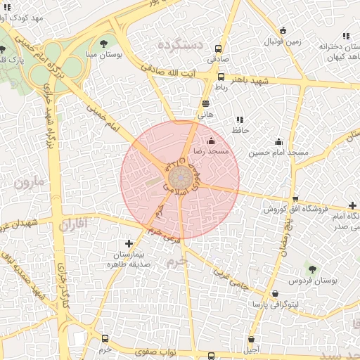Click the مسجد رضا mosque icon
(211, 141)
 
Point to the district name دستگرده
(180, 45)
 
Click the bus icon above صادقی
(219, 49)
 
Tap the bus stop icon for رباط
(221, 77)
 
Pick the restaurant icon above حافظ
(240, 120)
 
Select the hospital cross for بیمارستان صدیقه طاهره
(128, 243)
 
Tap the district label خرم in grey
(179, 259)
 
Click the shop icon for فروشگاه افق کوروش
(295, 198)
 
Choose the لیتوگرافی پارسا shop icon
(274, 294)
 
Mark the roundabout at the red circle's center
(180, 179)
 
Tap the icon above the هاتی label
(205, 103)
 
